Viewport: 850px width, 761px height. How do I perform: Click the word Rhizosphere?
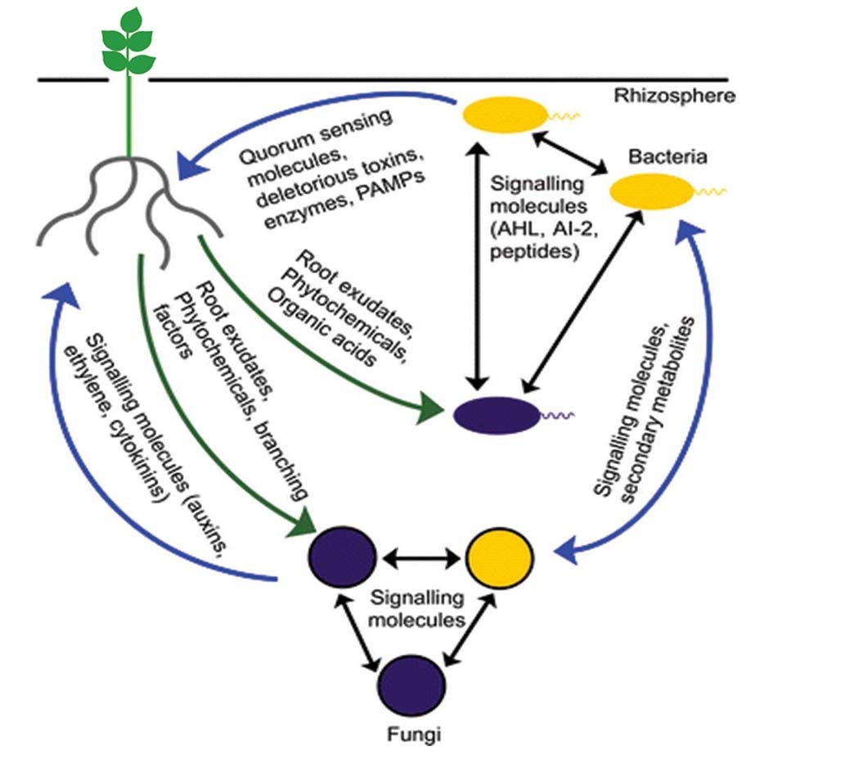click(675, 96)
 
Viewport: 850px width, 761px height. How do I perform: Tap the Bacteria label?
click(656, 156)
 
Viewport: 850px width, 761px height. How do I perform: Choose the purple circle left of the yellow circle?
click(342, 557)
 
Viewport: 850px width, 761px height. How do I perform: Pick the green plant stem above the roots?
click(128, 115)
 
